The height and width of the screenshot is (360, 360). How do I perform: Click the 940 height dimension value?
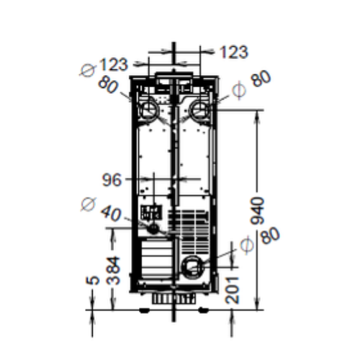pyautogui.click(x=257, y=211)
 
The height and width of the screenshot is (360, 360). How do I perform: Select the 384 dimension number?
pyautogui.click(x=113, y=270)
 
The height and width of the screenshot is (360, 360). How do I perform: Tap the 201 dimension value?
pyautogui.click(x=233, y=290)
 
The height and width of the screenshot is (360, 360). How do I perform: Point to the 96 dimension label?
pyautogui.click(x=112, y=180)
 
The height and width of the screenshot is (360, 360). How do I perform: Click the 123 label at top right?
pyautogui.click(x=234, y=52)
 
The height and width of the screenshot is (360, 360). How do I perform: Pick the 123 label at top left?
pyautogui.click(x=113, y=64)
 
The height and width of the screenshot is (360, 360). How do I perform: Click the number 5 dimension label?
pyautogui.click(x=93, y=280)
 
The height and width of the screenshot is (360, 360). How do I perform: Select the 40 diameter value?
pyautogui.click(x=111, y=214)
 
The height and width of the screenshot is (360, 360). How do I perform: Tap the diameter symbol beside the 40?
pyautogui.click(x=89, y=204)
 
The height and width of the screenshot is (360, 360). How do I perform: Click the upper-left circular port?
pyautogui.click(x=150, y=109)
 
